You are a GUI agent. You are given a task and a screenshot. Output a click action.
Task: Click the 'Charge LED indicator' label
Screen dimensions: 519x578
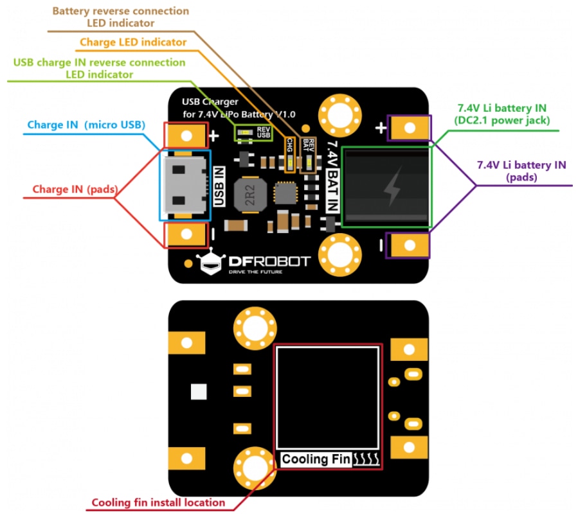click(133, 42)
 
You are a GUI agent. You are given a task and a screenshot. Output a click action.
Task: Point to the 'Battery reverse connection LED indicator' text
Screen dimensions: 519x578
click(121, 17)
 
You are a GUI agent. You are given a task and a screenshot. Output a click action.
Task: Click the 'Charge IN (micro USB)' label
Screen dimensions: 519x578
click(86, 124)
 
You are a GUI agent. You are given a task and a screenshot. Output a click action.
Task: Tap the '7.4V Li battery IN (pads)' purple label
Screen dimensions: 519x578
click(521, 171)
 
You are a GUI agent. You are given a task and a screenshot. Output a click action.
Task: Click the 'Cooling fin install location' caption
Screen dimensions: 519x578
click(158, 502)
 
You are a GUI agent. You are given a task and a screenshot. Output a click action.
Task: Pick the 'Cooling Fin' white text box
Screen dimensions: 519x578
click(316, 459)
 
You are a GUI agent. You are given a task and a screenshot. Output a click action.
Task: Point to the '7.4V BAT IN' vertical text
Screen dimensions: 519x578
click(332, 176)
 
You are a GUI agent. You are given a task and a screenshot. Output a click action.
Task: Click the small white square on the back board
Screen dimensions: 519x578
click(199, 391)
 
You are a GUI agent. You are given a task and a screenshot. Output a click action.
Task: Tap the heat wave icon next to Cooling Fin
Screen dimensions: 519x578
click(366, 459)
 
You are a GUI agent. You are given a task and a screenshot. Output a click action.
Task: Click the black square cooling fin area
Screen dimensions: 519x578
click(327, 398)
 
